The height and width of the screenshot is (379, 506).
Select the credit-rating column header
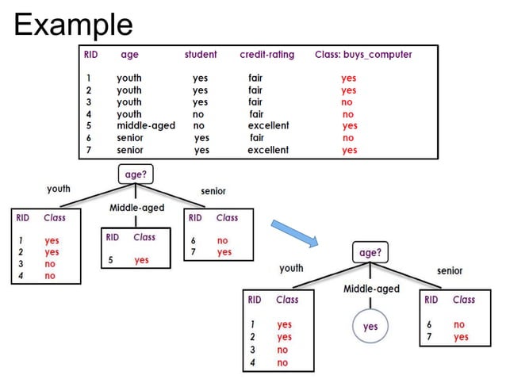266,55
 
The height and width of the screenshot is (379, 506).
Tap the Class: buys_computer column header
363,55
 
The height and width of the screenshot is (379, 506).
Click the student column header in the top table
201,55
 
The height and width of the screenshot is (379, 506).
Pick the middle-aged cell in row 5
145,125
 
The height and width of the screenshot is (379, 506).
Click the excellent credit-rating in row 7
268,149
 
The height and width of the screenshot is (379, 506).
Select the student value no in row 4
198,114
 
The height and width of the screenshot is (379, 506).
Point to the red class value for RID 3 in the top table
347,102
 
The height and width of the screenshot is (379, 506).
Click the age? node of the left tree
134,173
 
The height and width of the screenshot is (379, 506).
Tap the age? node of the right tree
370,252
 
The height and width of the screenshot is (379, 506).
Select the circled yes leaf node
370,326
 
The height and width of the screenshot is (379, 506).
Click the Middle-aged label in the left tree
137,208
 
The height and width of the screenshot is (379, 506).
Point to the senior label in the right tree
450,270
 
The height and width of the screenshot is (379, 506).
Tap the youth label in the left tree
59,189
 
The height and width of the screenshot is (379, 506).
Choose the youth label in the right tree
291,268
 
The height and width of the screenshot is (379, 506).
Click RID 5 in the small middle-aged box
112,260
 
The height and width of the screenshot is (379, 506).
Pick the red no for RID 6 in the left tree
222,240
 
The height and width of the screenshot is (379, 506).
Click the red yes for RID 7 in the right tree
461,337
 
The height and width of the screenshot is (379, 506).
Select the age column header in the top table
129,55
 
